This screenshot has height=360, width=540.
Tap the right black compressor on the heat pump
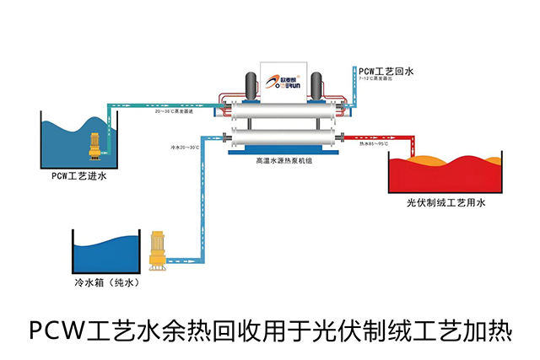click(316, 85)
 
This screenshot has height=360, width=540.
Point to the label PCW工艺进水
click(79, 177)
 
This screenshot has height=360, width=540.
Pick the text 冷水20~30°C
click(184, 148)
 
